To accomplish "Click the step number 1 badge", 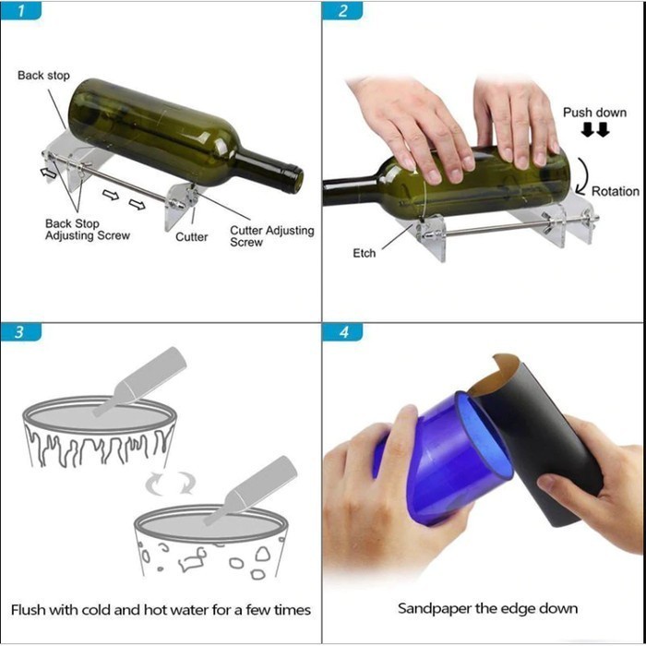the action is click(20, 11).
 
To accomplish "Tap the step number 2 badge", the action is click(342, 11).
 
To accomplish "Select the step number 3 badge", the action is click(20, 332).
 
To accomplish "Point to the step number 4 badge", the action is click(342, 332).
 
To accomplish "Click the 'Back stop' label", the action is click(43, 76).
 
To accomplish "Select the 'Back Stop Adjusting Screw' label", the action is click(88, 230).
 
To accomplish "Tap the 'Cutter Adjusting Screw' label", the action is click(272, 236).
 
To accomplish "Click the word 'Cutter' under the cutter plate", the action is click(192, 237).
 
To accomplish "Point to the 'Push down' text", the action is click(594, 113).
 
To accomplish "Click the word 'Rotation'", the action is click(616, 191).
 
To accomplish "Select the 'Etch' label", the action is click(365, 253).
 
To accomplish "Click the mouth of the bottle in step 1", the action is click(297, 179).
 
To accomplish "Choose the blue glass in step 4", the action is click(443, 458).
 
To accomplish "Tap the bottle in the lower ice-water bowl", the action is click(250, 490).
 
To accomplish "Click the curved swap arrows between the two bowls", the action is click(170, 483).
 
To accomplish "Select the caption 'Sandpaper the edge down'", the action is click(487, 608).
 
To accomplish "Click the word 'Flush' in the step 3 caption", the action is click(28, 609).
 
